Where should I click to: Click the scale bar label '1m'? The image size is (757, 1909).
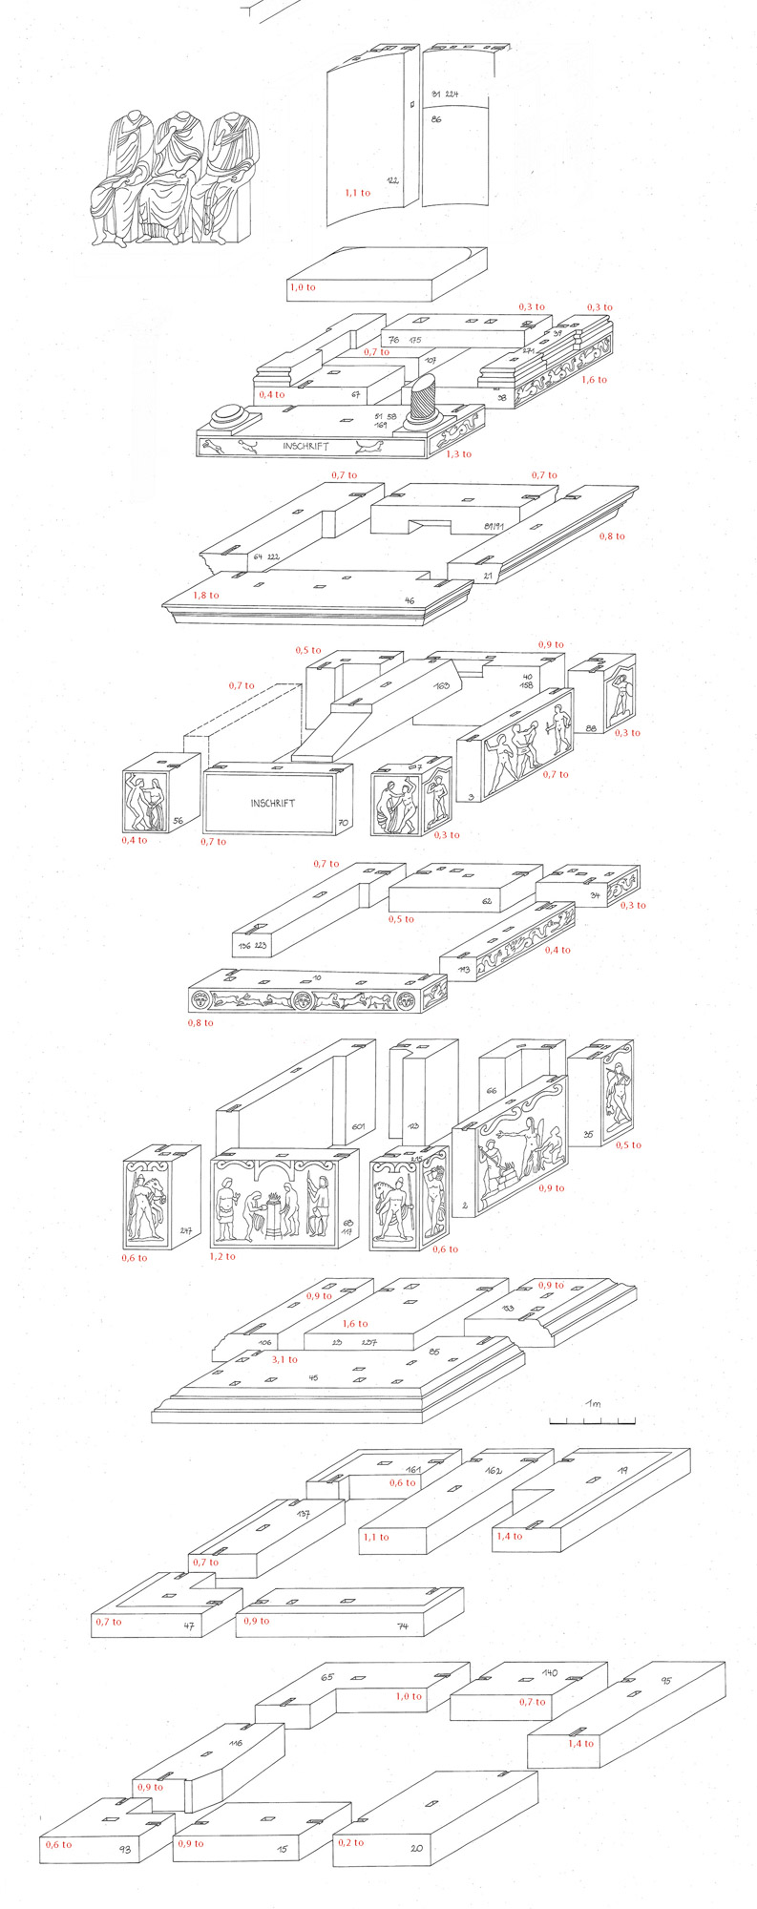593,1403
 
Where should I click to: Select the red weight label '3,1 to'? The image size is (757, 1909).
284,1359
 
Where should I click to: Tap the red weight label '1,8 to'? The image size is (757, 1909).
206,596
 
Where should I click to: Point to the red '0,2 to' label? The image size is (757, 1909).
350,1842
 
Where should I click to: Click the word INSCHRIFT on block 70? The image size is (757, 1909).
273,803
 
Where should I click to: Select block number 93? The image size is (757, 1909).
125,1850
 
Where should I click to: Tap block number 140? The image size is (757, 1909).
550,1673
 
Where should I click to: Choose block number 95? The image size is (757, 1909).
665,1681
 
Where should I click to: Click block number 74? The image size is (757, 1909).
403,1626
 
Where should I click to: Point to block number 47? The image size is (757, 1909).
189,1626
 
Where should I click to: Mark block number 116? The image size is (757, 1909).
236,1743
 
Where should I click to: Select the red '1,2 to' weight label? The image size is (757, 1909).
222,1256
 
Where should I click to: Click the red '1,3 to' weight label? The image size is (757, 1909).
458,454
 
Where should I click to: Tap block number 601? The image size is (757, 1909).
358,1127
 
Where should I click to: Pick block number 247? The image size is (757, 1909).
185,1231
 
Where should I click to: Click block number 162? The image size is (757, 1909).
494,1471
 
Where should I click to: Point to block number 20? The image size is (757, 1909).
416,1848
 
